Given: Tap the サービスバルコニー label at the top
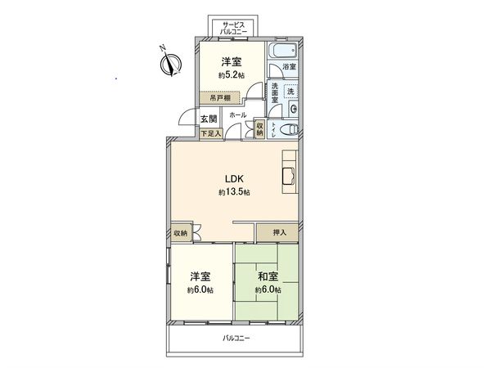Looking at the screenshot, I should (x=233, y=29).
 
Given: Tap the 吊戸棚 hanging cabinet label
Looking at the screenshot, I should (x=217, y=97).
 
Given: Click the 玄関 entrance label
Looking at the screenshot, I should (x=208, y=119).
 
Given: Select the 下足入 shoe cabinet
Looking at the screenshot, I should (x=209, y=133).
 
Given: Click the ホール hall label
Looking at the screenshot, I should (x=238, y=115).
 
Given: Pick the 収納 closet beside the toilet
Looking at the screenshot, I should (x=260, y=128).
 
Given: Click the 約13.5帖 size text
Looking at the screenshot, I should (x=234, y=192).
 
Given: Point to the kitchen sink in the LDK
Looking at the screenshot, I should (x=289, y=177).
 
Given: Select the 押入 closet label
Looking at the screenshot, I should (x=279, y=233).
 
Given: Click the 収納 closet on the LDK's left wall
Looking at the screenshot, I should (x=180, y=233).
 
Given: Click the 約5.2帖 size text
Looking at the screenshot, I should (x=232, y=75).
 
